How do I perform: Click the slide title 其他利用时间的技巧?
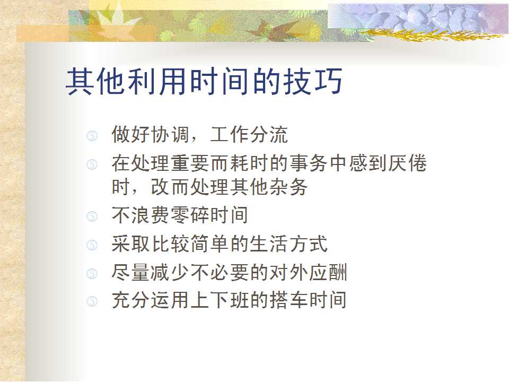(x=204, y=81)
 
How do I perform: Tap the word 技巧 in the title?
(x=313, y=81)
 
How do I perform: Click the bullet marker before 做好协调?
(x=92, y=136)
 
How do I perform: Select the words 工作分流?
(x=249, y=134)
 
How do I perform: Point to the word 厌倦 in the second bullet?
(x=407, y=163)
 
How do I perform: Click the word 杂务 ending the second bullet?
(x=288, y=187)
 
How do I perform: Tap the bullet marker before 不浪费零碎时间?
(x=92, y=216)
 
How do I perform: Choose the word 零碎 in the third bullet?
(x=190, y=215)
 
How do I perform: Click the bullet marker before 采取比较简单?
(x=92, y=245)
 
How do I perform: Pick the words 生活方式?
(x=288, y=244)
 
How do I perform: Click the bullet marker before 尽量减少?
(x=92, y=274)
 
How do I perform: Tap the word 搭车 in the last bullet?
(x=288, y=300)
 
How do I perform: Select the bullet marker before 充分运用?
(x=92, y=301)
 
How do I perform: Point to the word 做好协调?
(x=150, y=134)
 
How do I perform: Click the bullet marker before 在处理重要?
(x=92, y=164)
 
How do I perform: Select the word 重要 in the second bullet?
(x=190, y=163)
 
